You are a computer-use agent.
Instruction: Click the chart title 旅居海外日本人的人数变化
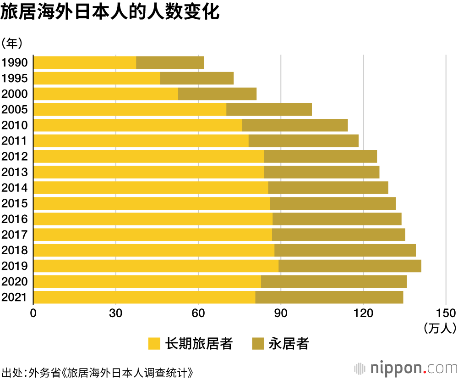click(110, 12)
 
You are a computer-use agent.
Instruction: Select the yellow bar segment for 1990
click(85, 62)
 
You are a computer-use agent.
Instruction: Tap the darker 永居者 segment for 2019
click(350, 266)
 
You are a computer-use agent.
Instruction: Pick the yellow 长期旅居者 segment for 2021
click(144, 297)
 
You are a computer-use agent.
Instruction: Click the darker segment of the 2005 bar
click(269, 110)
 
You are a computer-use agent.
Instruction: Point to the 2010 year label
click(15, 125)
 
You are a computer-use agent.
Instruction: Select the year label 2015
click(15, 203)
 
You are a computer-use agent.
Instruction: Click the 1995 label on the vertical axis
click(15, 78)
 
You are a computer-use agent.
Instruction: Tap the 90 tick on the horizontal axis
click(280, 313)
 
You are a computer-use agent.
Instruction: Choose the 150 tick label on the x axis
click(445, 313)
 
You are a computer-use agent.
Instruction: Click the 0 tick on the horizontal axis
click(33, 313)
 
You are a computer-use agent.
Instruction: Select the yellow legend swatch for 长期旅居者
click(154, 344)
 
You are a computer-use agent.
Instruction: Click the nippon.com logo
click(406, 368)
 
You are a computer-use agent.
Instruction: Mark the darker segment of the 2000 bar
click(217, 94)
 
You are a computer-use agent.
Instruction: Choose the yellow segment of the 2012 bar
click(148, 156)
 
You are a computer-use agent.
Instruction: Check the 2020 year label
click(15, 281)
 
